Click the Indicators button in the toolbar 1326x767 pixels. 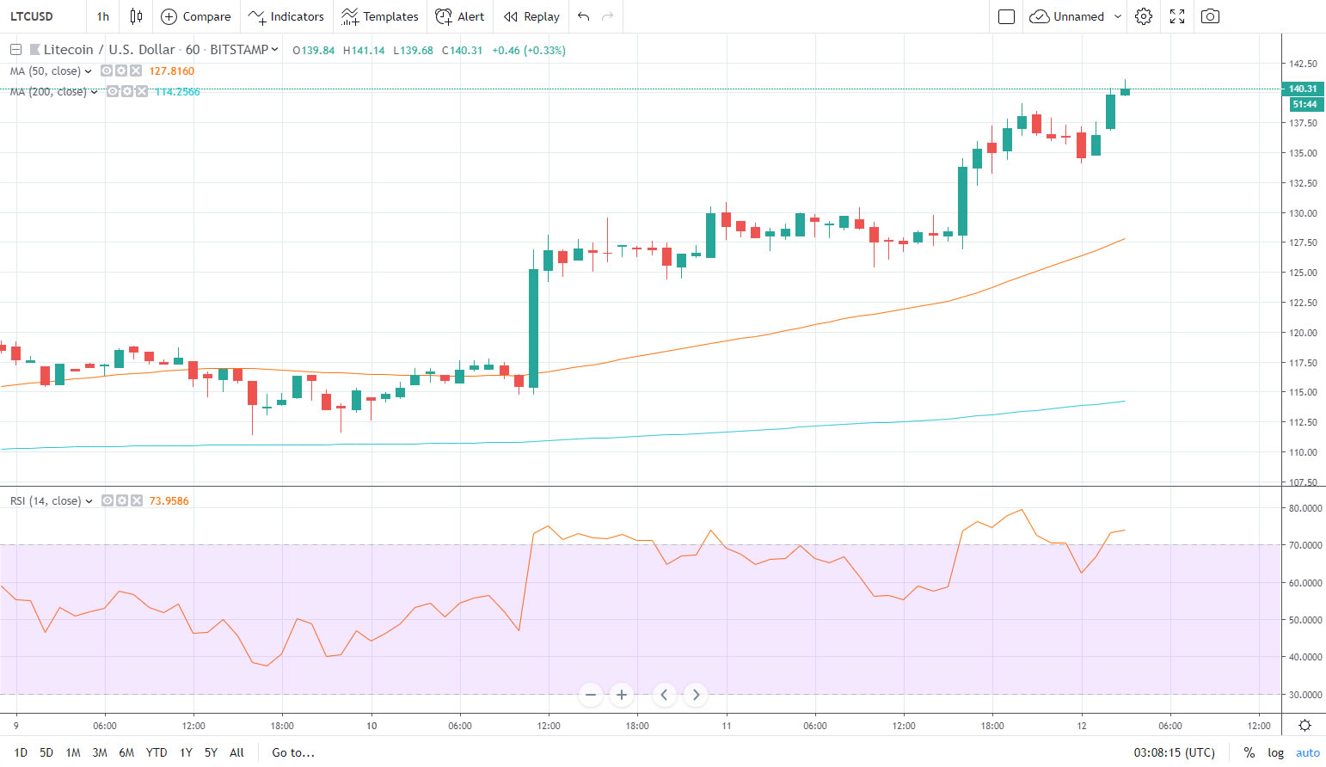pos(286,16)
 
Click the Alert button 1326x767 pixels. pos(460,16)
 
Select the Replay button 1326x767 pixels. pos(531,16)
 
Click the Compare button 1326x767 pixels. pos(196,16)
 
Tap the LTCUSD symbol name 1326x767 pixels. pos(32,16)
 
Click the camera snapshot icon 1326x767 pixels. pos(1210,16)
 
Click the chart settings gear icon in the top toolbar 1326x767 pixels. pos(1143,16)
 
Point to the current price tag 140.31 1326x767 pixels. pos(1302,89)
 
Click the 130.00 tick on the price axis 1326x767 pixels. pos(1302,213)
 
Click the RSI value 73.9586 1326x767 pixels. pos(169,501)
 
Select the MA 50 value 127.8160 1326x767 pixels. pos(171,71)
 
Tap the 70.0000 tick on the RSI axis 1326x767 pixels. pos(1304,545)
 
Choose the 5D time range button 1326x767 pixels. pos(46,752)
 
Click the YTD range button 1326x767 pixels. pos(157,752)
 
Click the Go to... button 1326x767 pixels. pos(293,752)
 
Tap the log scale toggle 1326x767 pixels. pos(1275,752)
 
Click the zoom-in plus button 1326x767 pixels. pos(621,695)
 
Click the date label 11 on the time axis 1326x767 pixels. pos(727,726)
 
